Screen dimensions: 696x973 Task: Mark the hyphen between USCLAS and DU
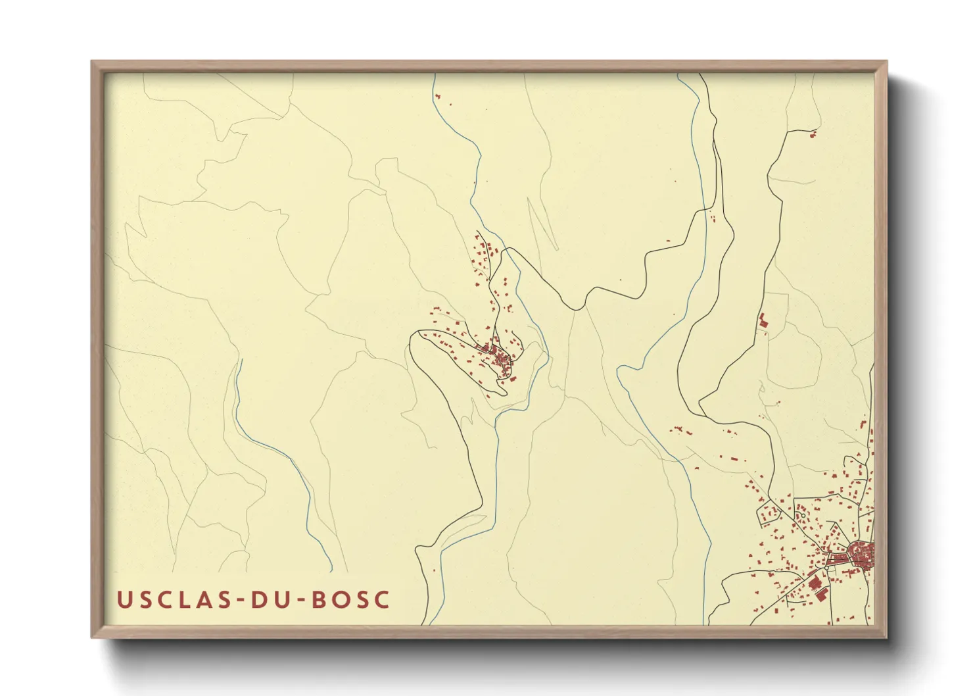pyautogui.click(x=238, y=601)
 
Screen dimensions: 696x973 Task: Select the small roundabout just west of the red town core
pyautogui.click(x=826, y=568)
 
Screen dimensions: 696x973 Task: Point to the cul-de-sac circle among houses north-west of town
pyautogui.click(x=803, y=516)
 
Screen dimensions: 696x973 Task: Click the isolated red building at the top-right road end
pyautogui.click(x=813, y=134)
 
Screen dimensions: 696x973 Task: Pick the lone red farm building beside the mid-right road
pyautogui.click(x=763, y=322)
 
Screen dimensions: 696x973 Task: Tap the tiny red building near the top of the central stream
pyautogui.click(x=437, y=97)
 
